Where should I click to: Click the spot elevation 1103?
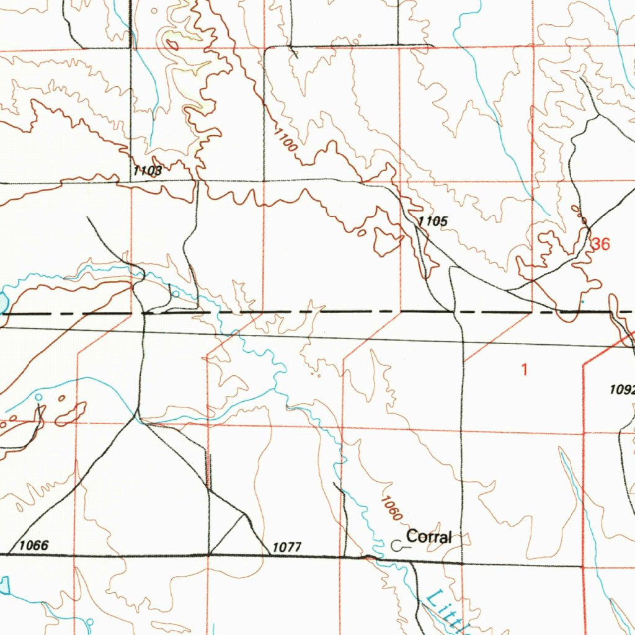pos(147,171)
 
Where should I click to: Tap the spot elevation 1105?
pos(432,221)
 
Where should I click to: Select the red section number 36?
pos(600,244)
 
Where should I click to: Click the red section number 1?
pos(524,370)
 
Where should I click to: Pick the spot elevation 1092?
pos(621,389)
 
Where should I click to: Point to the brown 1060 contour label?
pos(392,508)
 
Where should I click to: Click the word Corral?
pos(429,537)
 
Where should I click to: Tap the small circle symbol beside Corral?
pos(397,545)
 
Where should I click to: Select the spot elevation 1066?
pos(34,546)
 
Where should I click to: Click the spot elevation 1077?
pos(286,547)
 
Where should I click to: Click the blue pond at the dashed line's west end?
pos(2,303)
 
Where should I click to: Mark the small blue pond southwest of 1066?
pos(4,585)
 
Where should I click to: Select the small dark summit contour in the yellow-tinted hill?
pos(171,44)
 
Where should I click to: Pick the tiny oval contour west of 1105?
pos(362,234)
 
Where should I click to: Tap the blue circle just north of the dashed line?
pos(175,294)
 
